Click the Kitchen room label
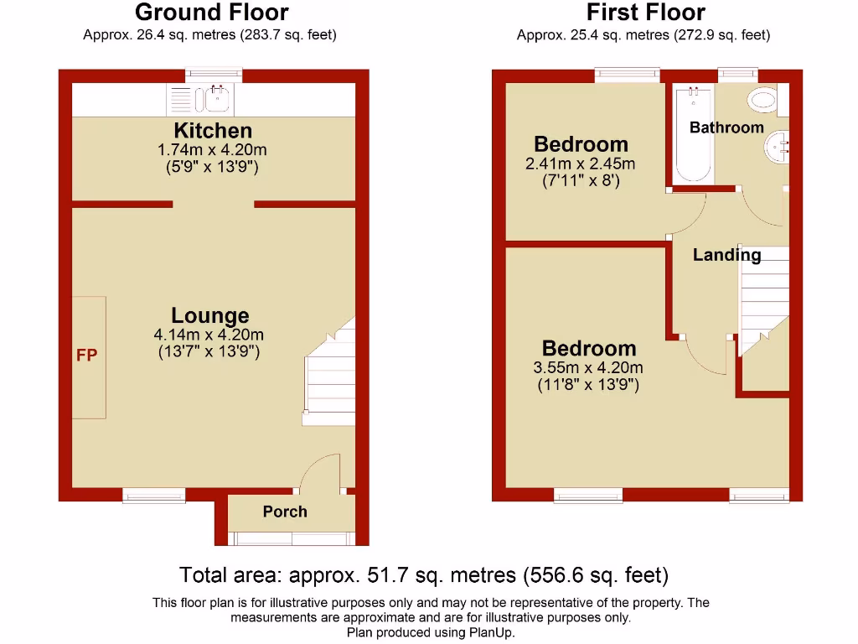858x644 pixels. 213,131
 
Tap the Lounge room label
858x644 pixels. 209,315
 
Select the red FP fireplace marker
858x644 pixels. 87,356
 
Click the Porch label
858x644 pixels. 285,512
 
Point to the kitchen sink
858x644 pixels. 218,99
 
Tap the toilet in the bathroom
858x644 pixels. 764,101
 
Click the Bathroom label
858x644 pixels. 726,127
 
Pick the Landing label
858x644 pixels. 726,255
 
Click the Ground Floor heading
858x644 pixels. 211,13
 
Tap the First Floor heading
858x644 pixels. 645,13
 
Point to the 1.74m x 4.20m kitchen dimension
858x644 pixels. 212,149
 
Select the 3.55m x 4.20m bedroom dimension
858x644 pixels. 588,367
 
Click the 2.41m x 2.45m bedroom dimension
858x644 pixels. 580,164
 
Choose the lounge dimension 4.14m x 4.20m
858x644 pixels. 209,334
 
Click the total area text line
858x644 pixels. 424,575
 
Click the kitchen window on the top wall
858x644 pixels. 214,75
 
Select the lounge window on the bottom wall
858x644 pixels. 154,496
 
